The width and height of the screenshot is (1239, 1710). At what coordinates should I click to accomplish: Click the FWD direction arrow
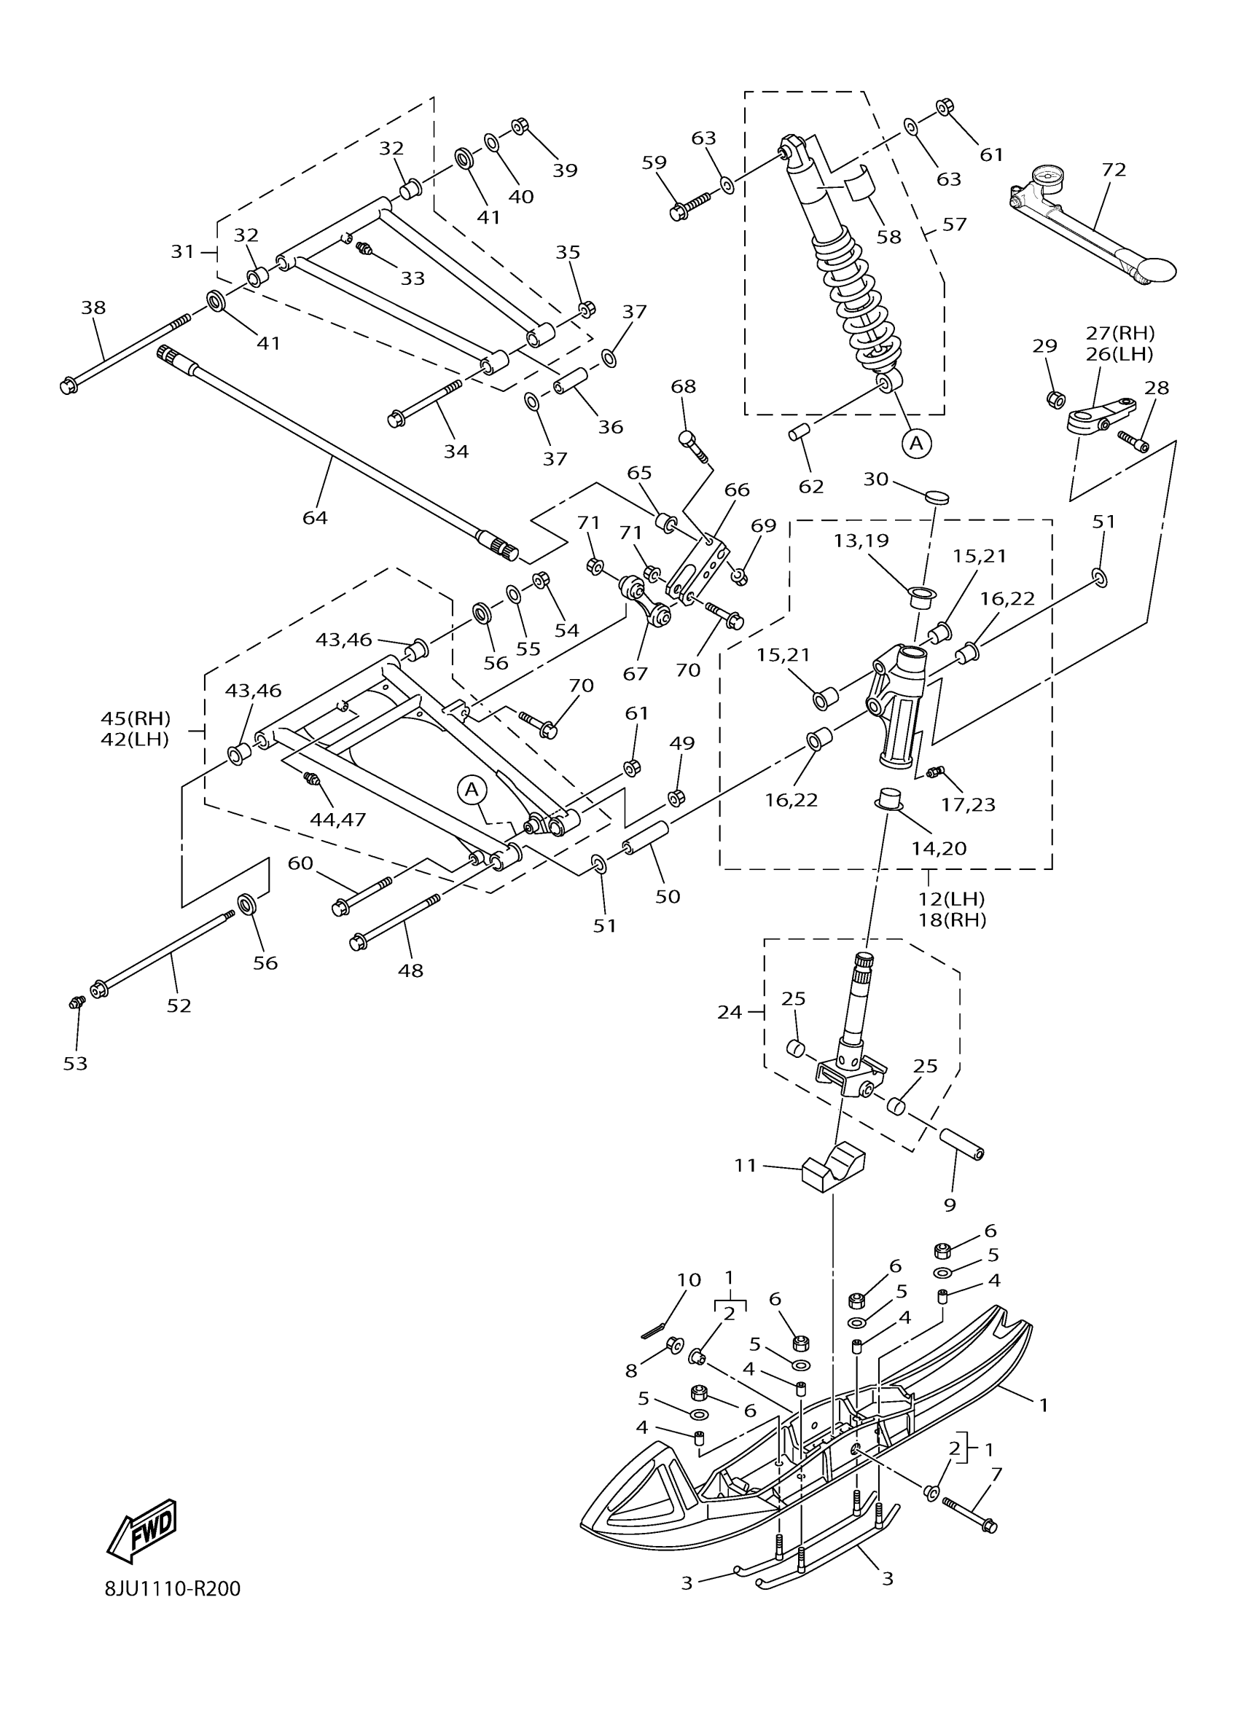(x=142, y=1531)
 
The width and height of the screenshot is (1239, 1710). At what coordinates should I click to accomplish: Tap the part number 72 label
(x=1113, y=170)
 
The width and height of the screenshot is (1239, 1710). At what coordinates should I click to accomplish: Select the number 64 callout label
(x=316, y=517)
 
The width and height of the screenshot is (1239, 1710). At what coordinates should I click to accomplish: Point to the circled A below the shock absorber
(x=916, y=443)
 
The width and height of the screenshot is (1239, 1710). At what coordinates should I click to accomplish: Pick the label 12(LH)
(x=952, y=899)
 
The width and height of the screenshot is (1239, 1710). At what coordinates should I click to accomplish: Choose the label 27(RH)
(x=1120, y=332)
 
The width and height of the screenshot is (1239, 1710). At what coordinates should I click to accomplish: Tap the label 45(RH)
(x=136, y=717)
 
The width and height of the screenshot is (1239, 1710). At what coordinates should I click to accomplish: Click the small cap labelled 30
(x=937, y=497)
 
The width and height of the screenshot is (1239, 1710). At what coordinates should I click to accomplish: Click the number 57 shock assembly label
(x=955, y=224)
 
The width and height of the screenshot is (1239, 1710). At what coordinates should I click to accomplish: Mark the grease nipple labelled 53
(x=74, y=1002)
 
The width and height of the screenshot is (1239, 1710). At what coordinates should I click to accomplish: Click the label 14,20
(x=939, y=848)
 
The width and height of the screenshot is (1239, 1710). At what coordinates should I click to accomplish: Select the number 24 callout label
(x=730, y=1012)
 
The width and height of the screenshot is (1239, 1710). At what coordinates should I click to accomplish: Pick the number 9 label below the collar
(x=950, y=1205)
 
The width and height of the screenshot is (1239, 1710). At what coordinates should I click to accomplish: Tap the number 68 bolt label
(x=683, y=387)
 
